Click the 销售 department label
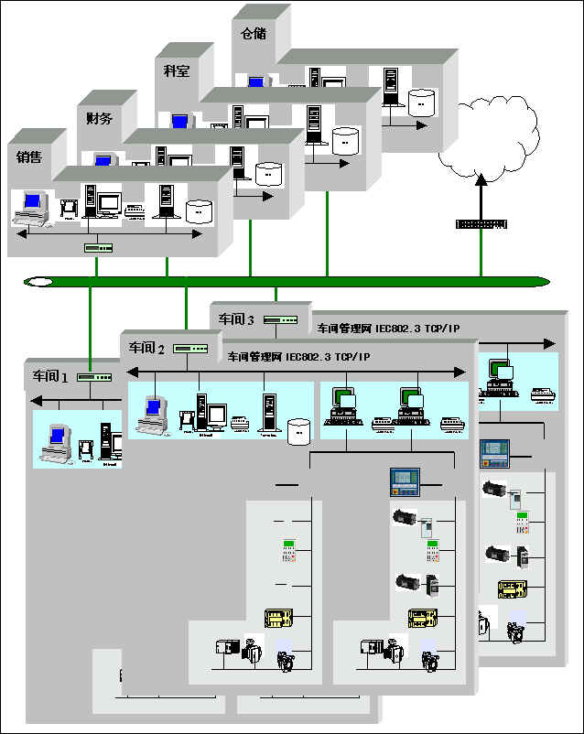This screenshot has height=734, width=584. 29,157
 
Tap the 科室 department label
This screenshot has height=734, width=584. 177,70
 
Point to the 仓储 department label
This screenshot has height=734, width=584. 254,33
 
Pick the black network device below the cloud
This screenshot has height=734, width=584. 481,224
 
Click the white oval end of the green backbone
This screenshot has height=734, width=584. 39,282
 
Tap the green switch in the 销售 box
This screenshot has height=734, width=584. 97,247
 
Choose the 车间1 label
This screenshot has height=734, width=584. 51,375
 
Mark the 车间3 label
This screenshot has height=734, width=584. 236,319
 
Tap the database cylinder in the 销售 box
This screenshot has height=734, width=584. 199,212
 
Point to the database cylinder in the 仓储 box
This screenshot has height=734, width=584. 422,101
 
